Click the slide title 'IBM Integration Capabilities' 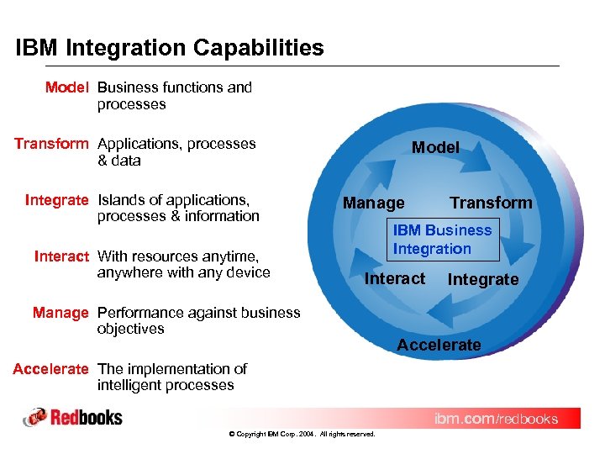click(169, 48)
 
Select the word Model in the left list click(67, 87)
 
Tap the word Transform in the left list click(51, 144)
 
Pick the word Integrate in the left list click(56, 200)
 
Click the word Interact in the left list click(61, 256)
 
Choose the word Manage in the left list click(60, 313)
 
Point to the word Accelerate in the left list click(50, 369)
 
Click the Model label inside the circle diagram click(435, 147)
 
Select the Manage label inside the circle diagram click(373, 203)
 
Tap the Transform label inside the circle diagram click(491, 203)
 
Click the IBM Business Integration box click(443, 240)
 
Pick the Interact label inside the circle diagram click(394, 278)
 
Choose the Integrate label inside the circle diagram click(483, 279)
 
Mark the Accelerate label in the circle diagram click(439, 345)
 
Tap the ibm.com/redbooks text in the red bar click(495, 419)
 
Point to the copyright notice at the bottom click(302, 434)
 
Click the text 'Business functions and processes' click(174, 96)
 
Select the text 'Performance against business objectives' click(198, 320)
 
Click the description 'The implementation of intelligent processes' click(171, 377)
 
